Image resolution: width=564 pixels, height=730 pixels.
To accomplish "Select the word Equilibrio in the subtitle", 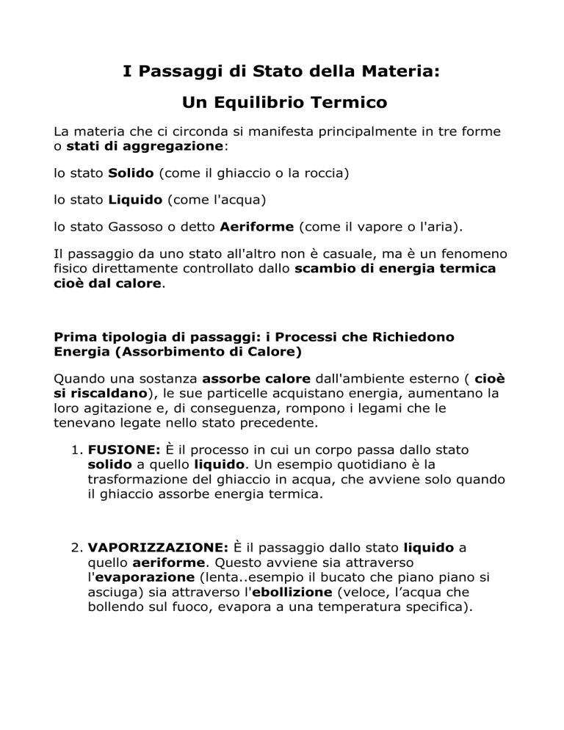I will (257, 103).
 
